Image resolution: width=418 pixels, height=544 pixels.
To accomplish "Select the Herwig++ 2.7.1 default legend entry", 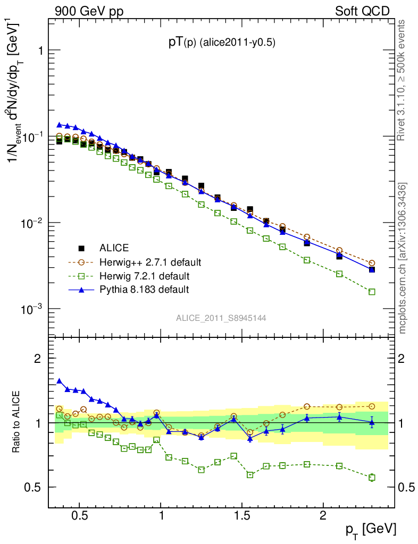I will click(151, 262).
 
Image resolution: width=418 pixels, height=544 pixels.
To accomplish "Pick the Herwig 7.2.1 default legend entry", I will click(144, 276).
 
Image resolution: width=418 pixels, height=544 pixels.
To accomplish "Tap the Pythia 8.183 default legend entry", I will click(144, 290).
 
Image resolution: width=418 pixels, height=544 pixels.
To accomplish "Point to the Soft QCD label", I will click(362, 11).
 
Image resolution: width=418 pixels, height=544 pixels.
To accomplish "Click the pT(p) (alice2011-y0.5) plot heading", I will click(222, 42).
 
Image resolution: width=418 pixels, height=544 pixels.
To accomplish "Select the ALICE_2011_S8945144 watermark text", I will click(221, 318).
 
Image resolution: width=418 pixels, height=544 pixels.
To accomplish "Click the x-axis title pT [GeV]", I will click(370, 530).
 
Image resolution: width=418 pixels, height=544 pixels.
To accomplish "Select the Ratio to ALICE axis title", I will click(18, 422).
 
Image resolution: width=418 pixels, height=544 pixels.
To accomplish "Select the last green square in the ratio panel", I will click(372, 478).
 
